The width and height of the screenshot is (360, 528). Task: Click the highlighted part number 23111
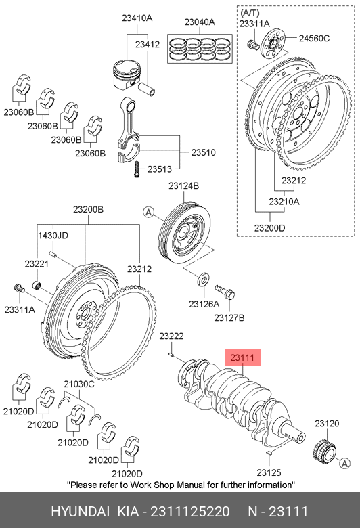(x=242, y=357)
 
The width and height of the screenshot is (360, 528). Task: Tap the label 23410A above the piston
(x=137, y=18)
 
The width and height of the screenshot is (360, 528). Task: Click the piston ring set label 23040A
(x=200, y=22)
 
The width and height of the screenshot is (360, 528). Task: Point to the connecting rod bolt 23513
(x=137, y=169)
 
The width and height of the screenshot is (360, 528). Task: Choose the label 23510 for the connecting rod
(x=204, y=152)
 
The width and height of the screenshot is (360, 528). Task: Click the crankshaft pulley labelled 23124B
(x=185, y=233)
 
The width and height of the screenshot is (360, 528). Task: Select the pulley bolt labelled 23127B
(x=225, y=292)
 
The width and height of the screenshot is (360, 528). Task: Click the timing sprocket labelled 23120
(x=325, y=452)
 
